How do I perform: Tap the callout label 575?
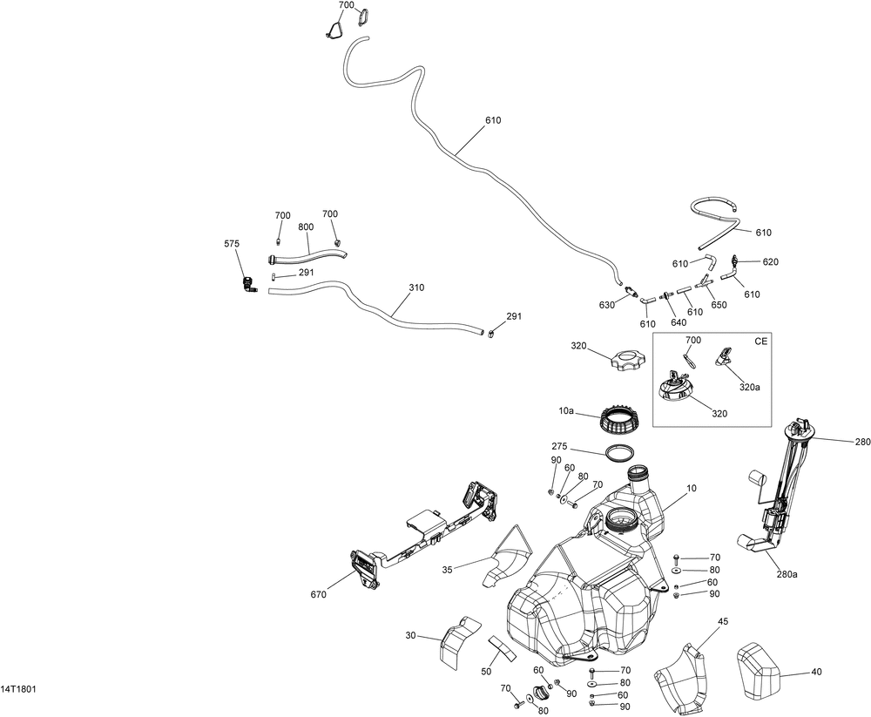232,244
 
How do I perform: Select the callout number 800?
305,227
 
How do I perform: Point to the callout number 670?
318,595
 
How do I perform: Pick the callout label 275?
559,446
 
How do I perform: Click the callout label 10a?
566,410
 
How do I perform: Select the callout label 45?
723,620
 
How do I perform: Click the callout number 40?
816,672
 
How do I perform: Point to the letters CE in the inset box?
761,342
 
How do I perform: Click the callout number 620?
771,261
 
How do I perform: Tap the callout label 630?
606,304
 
